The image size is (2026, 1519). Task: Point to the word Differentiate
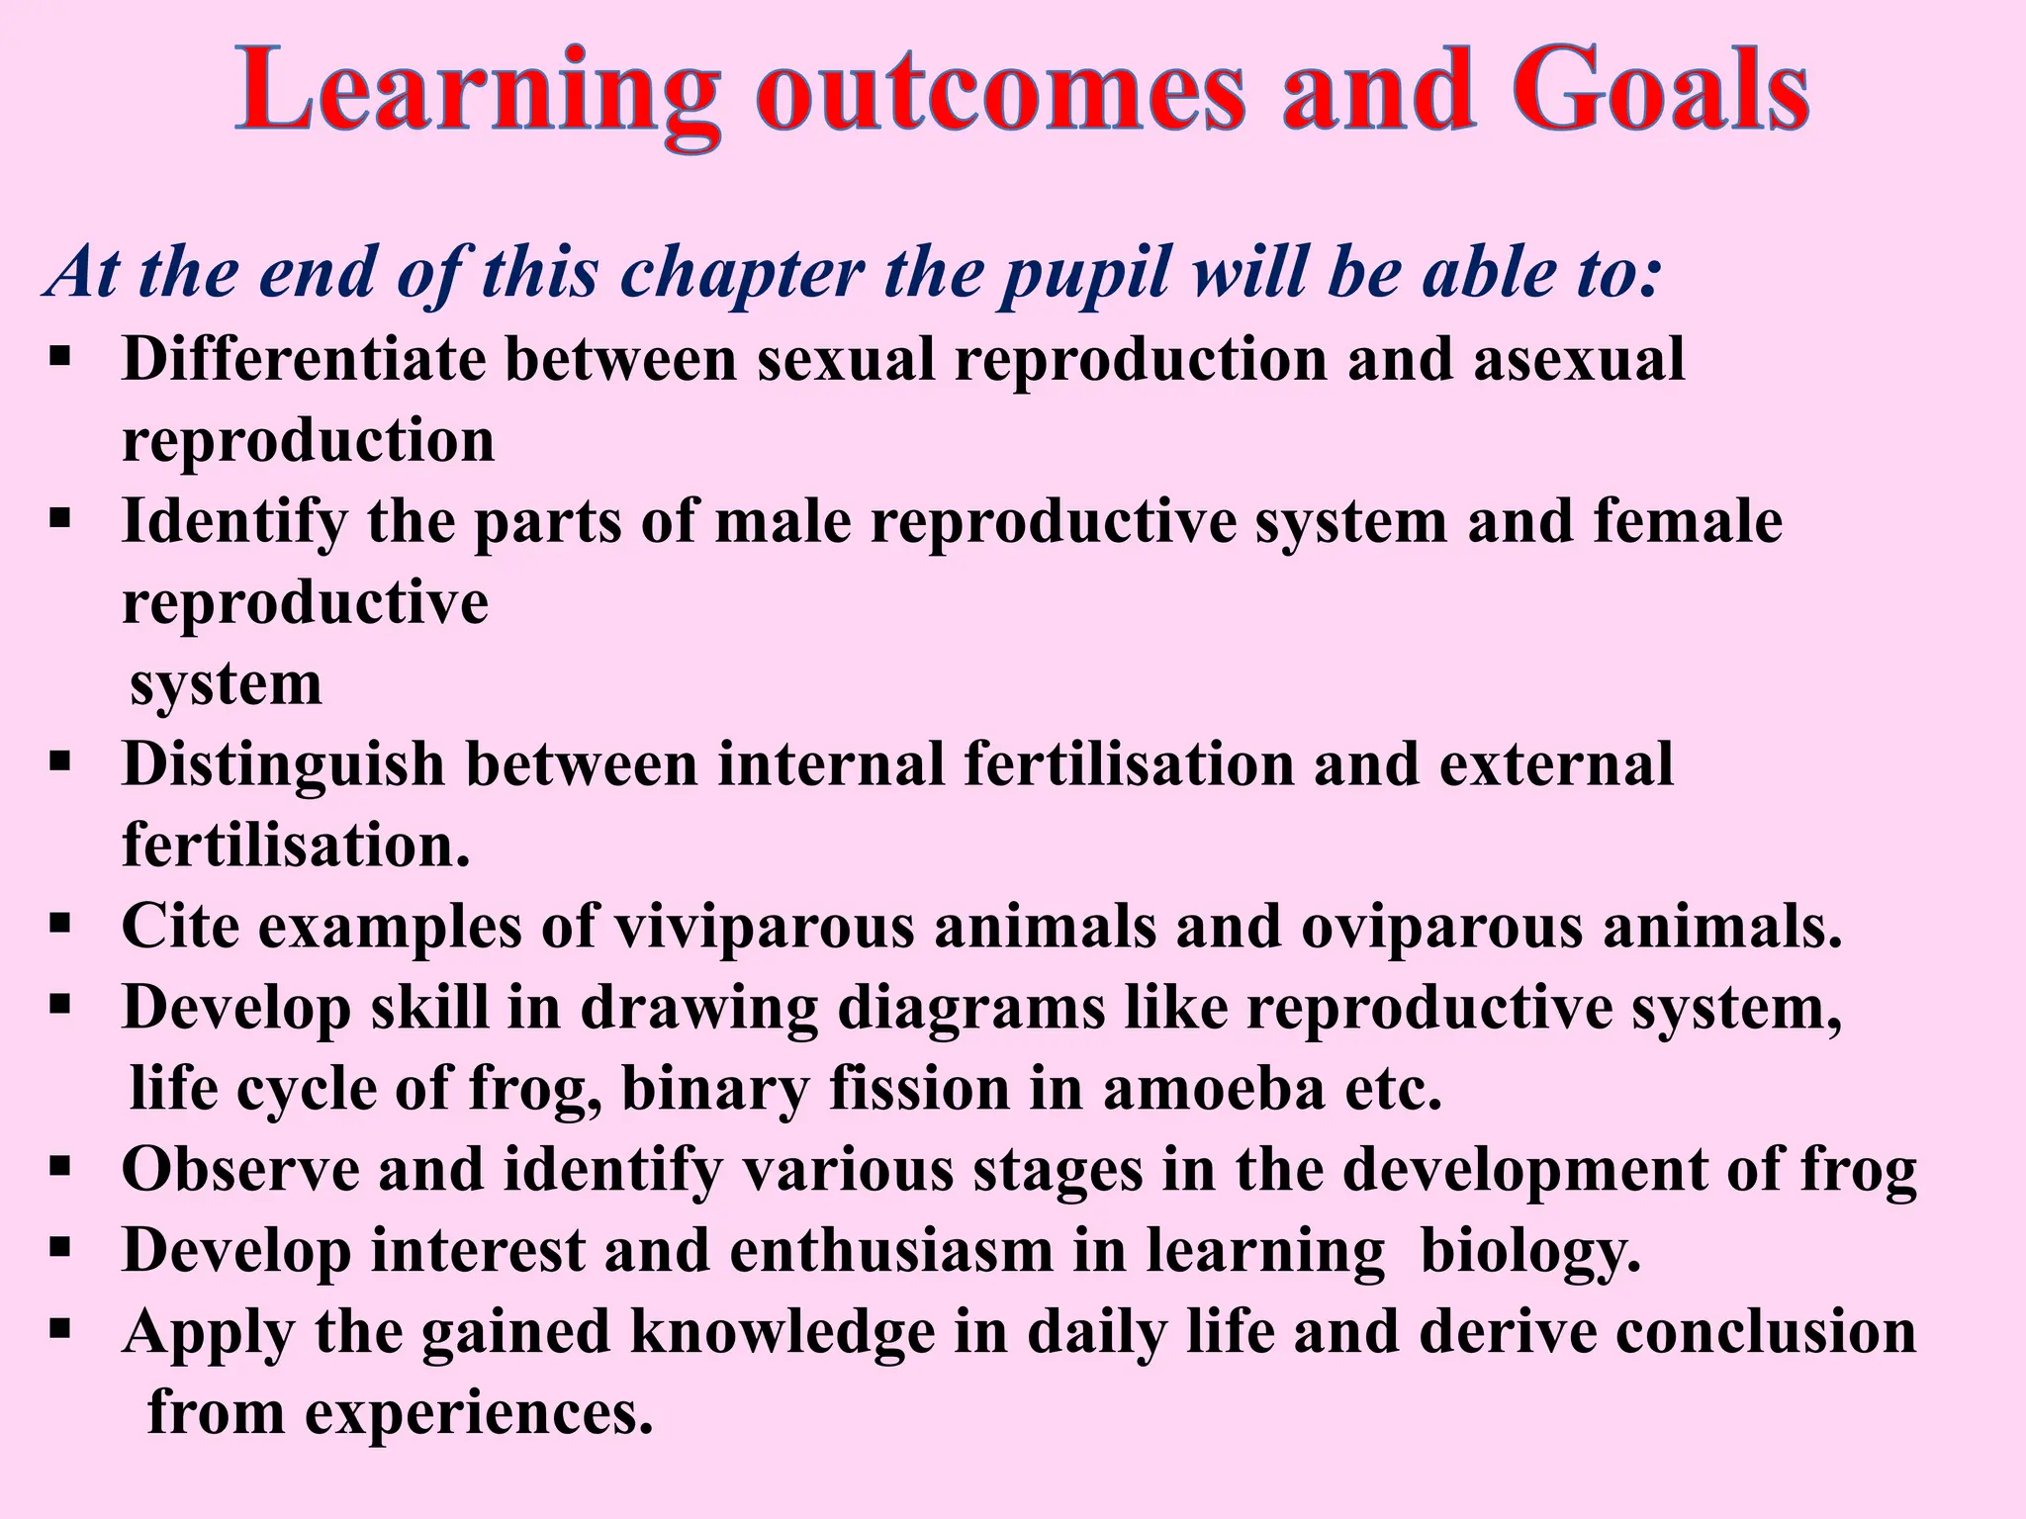(304, 359)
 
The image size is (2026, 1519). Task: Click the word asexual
(1579, 359)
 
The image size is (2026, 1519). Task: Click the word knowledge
(783, 1332)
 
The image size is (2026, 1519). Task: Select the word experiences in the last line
(479, 1413)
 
